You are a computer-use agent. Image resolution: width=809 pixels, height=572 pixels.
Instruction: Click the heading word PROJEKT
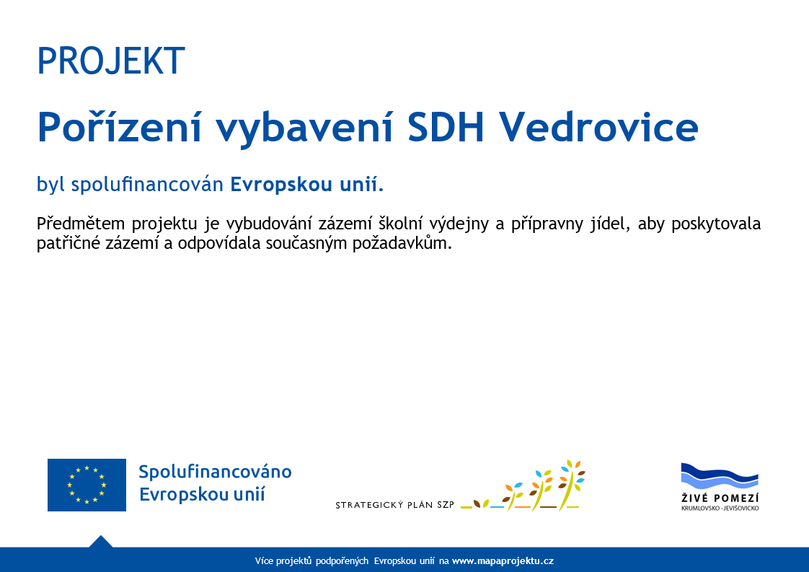click(x=111, y=61)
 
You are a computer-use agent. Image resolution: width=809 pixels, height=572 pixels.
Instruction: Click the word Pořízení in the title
click(x=119, y=126)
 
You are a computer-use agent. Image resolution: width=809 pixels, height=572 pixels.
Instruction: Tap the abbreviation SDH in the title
click(x=446, y=126)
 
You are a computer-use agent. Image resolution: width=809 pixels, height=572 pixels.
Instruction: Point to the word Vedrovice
click(x=598, y=126)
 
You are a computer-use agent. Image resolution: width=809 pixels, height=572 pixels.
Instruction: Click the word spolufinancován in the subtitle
click(x=147, y=185)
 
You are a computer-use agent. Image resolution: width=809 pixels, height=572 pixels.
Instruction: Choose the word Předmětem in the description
click(x=81, y=224)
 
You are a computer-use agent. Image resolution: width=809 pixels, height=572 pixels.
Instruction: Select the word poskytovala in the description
click(x=715, y=224)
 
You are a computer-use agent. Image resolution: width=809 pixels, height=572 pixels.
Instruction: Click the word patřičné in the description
click(x=68, y=243)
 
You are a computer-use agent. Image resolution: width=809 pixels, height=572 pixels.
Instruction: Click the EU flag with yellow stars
click(x=87, y=485)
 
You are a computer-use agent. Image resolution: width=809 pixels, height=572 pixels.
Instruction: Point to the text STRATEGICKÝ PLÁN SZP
click(x=394, y=505)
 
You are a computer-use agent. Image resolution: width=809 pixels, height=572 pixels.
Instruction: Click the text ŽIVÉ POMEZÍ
click(x=720, y=498)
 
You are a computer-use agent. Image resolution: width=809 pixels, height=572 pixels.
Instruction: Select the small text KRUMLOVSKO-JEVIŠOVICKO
click(x=720, y=509)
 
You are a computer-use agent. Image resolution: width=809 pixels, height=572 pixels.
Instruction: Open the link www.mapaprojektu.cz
click(x=503, y=561)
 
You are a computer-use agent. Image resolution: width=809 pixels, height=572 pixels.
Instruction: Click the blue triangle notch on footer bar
click(x=101, y=542)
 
